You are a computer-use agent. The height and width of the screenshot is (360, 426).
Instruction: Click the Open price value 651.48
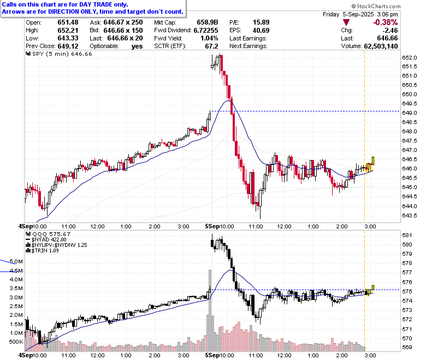point(68,22)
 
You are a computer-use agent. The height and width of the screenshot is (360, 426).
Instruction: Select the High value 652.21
point(68,31)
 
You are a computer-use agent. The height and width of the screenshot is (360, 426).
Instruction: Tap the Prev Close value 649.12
point(68,46)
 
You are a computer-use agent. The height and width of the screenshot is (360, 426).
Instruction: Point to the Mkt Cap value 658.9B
point(208,22)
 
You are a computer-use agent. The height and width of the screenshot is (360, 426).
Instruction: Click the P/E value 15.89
point(261,22)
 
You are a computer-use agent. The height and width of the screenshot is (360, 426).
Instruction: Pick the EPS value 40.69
point(261,31)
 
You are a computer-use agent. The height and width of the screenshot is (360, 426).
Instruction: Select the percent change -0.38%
point(385,22)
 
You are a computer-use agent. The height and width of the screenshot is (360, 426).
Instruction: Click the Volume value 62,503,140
point(381,46)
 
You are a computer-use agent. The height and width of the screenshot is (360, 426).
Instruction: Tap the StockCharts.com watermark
point(376,6)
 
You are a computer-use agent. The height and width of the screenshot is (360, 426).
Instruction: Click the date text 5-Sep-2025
point(358,14)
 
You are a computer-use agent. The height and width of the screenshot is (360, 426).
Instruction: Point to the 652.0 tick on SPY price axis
point(410,57)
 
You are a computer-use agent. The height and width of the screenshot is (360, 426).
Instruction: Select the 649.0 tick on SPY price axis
point(410,113)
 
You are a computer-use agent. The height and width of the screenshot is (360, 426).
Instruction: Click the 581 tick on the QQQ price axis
point(407,235)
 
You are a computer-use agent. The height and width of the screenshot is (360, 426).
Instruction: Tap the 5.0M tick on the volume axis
point(16,262)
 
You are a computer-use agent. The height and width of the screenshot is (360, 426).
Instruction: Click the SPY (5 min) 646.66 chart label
point(59,54)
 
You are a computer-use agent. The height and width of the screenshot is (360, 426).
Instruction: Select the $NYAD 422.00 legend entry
point(46,240)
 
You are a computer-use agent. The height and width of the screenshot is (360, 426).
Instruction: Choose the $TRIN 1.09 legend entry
point(43,251)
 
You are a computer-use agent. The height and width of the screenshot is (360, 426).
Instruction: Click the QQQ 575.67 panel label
point(48,234)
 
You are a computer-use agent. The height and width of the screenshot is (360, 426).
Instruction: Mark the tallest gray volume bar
point(210,310)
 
